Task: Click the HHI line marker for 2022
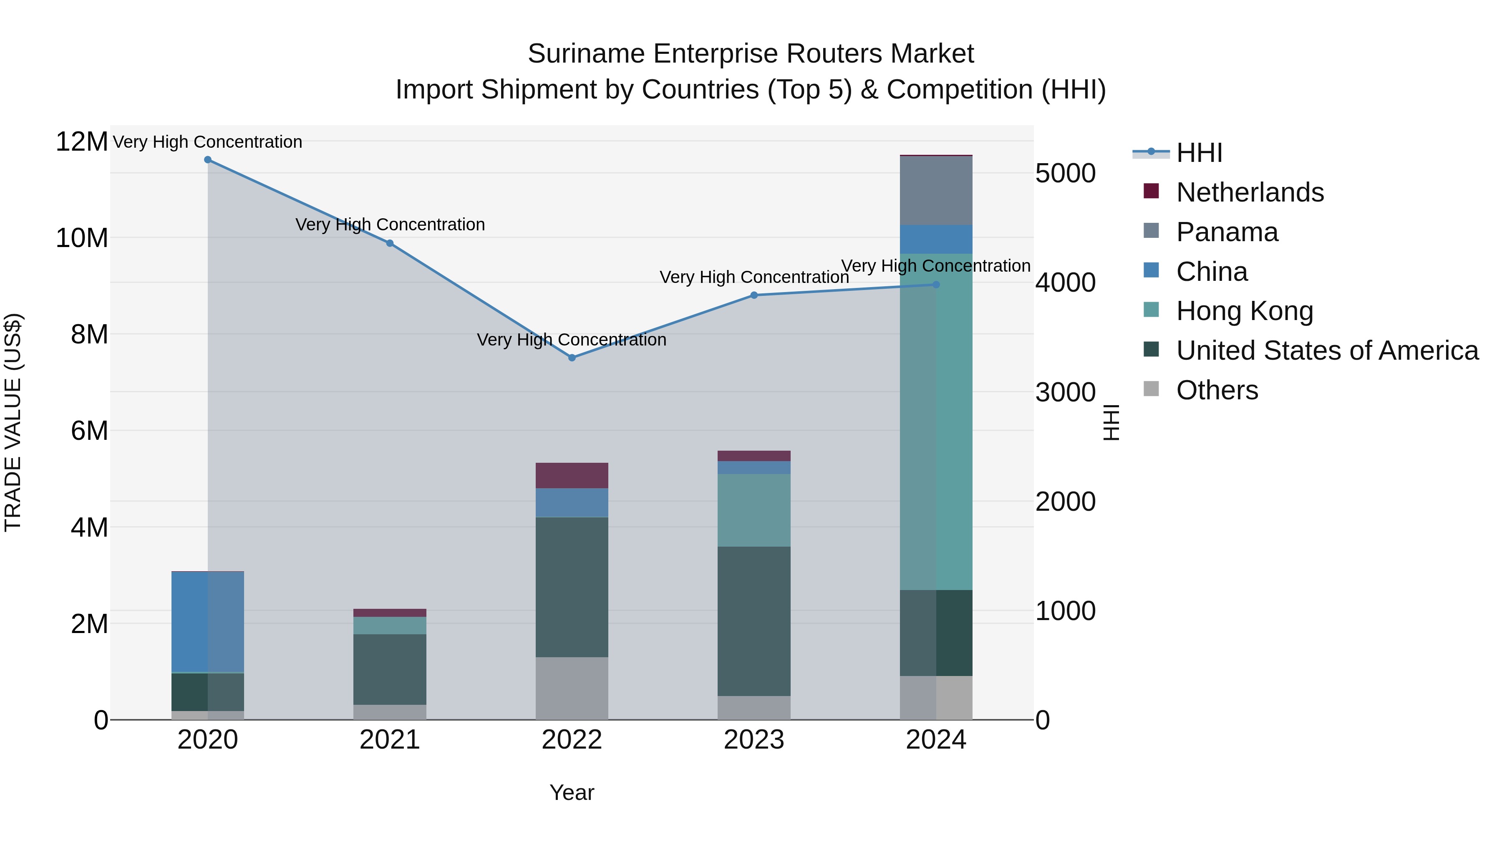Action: pos(572,358)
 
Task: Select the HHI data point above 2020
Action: pos(208,160)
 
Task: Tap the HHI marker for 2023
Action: pos(754,295)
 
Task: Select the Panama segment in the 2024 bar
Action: pos(936,190)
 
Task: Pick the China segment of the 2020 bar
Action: pos(208,622)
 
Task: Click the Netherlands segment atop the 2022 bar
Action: pos(572,475)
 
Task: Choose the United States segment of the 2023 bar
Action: pos(754,621)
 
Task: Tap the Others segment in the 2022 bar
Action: pos(572,688)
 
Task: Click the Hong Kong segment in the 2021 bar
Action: pos(390,625)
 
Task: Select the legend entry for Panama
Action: pos(1226,232)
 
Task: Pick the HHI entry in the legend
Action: pos(1198,153)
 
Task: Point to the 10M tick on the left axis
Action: pos(82,238)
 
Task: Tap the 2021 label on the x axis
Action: pos(390,740)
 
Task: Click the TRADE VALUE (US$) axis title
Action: pos(13,422)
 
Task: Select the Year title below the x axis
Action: pos(572,792)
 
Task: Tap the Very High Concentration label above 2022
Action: pos(572,339)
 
